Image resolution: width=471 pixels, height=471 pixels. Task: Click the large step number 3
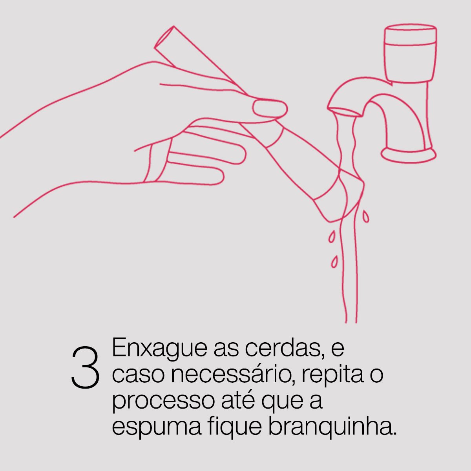[x=86, y=368]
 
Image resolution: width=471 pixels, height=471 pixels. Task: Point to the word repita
[x=333, y=376]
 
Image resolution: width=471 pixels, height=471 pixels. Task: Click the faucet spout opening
[x=345, y=112]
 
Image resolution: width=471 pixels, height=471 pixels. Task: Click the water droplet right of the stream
[x=365, y=216]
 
